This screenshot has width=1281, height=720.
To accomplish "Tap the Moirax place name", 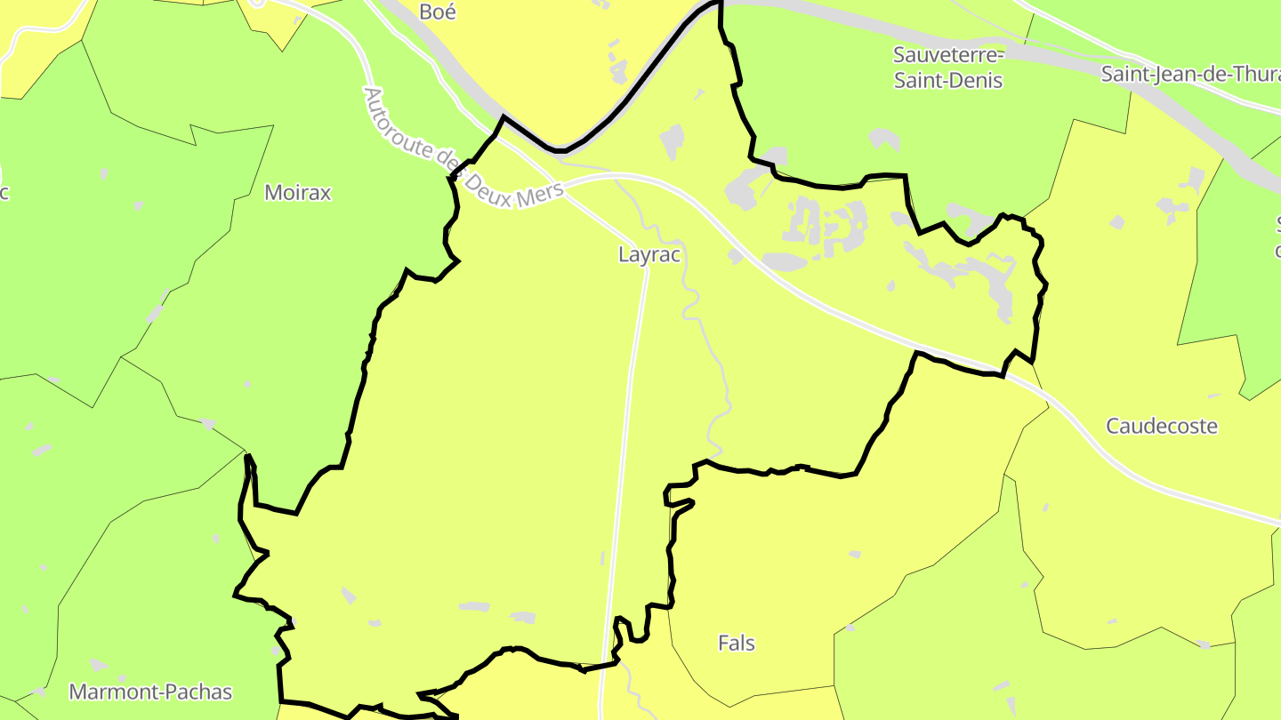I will click(297, 193).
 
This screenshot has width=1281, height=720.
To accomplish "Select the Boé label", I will click(438, 12).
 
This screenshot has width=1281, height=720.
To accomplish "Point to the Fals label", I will click(737, 643).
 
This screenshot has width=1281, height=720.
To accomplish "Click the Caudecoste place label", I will click(1162, 427).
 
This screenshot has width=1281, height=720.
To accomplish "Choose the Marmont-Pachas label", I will click(150, 692).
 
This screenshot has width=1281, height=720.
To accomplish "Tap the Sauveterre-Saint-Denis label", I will click(948, 68).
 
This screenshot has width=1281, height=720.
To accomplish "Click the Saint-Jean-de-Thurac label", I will click(1190, 75).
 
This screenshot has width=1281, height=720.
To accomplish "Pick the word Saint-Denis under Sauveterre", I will click(948, 81).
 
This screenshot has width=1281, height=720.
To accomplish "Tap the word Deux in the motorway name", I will click(490, 181).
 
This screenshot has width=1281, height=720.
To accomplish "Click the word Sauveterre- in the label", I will click(948, 55).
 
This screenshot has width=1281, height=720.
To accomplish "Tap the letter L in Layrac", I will click(624, 255).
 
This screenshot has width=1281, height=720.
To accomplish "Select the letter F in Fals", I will click(723, 643).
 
